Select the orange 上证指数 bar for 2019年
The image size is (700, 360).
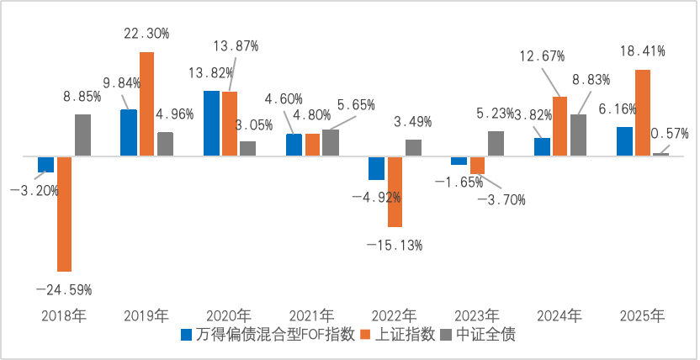pyautogui.click(x=146, y=103)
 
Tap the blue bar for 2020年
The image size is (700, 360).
pyautogui.click(x=211, y=123)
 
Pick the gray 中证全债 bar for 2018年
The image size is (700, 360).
pyautogui.click(x=82, y=135)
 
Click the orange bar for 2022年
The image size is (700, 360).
pyautogui.click(x=395, y=191)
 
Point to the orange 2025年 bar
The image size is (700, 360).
pyautogui.click(x=643, y=113)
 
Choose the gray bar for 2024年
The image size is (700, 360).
pyautogui.click(x=578, y=135)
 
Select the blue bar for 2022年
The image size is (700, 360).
pyautogui.click(x=376, y=167)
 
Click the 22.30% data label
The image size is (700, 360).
pyautogui.click(x=146, y=34)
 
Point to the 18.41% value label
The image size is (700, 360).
pyautogui.click(x=642, y=51)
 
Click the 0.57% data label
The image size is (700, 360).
pyautogui.click(x=669, y=133)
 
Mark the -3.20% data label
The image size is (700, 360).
pyautogui.click(x=34, y=191)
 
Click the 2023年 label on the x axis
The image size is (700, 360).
pyautogui.click(x=477, y=316)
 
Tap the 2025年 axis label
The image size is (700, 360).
pyautogui.click(x=642, y=316)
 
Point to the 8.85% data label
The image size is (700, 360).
pyautogui.click(x=82, y=97)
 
